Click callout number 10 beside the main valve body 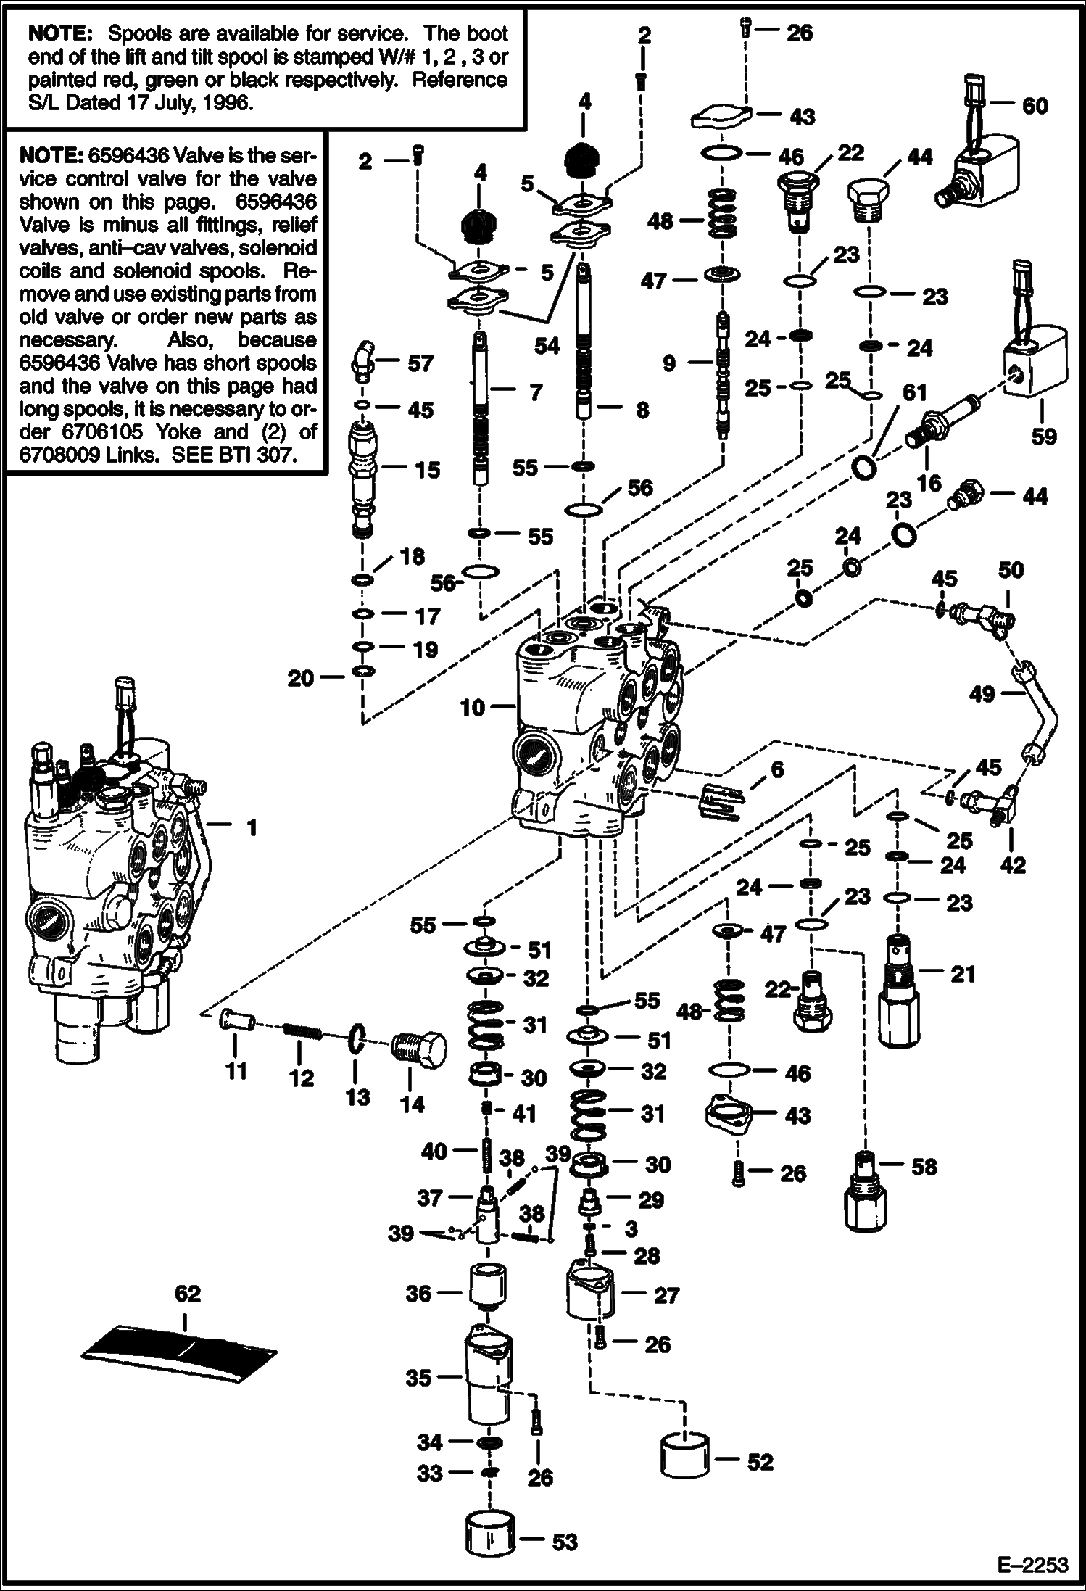pyautogui.click(x=472, y=707)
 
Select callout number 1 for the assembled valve pyautogui.click(x=252, y=827)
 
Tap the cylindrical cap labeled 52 pyautogui.click(x=685, y=1458)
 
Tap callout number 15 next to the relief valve pyautogui.click(x=428, y=470)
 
